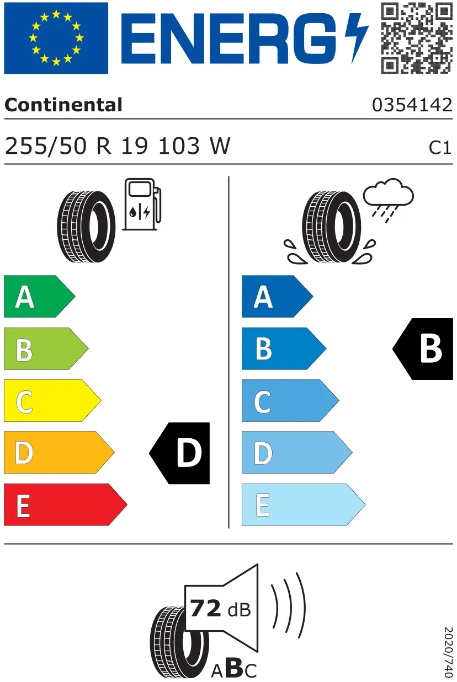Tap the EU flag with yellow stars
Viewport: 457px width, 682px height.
click(x=56, y=38)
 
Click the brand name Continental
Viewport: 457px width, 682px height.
click(x=63, y=105)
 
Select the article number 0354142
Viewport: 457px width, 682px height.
click(x=412, y=105)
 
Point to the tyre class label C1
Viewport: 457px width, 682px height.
click(x=440, y=148)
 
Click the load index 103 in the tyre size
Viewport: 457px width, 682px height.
click(x=179, y=146)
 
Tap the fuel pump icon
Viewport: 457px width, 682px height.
click(x=142, y=204)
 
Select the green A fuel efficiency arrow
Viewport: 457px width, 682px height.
click(x=39, y=296)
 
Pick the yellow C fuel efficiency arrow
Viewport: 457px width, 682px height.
click(x=52, y=400)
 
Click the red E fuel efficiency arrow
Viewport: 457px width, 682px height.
click(x=66, y=504)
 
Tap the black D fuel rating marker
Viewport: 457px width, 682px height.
click(x=179, y=453)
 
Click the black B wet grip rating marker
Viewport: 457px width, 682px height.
click(x=423, y=349)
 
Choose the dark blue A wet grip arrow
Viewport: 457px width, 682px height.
click(x=278, y=296)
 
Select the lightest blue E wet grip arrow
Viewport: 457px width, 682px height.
click(x=304, y=504)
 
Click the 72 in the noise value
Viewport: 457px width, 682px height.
click(x=205, y=609)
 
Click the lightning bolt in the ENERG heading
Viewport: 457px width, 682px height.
click(x=357, y=38)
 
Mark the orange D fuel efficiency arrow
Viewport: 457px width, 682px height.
click(x=59, y=452)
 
